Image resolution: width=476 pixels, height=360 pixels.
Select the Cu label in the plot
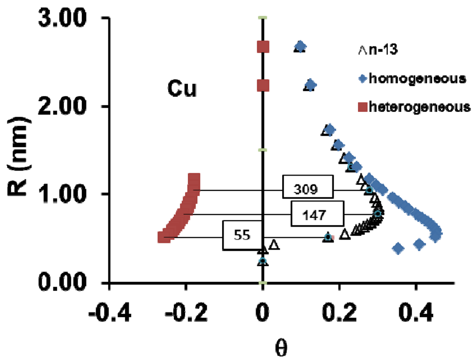(x=182, y=90)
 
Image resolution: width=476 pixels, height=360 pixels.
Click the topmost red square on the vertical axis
(x=264, y=47)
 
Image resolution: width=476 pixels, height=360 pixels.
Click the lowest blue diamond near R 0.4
(x=398, y=249)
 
